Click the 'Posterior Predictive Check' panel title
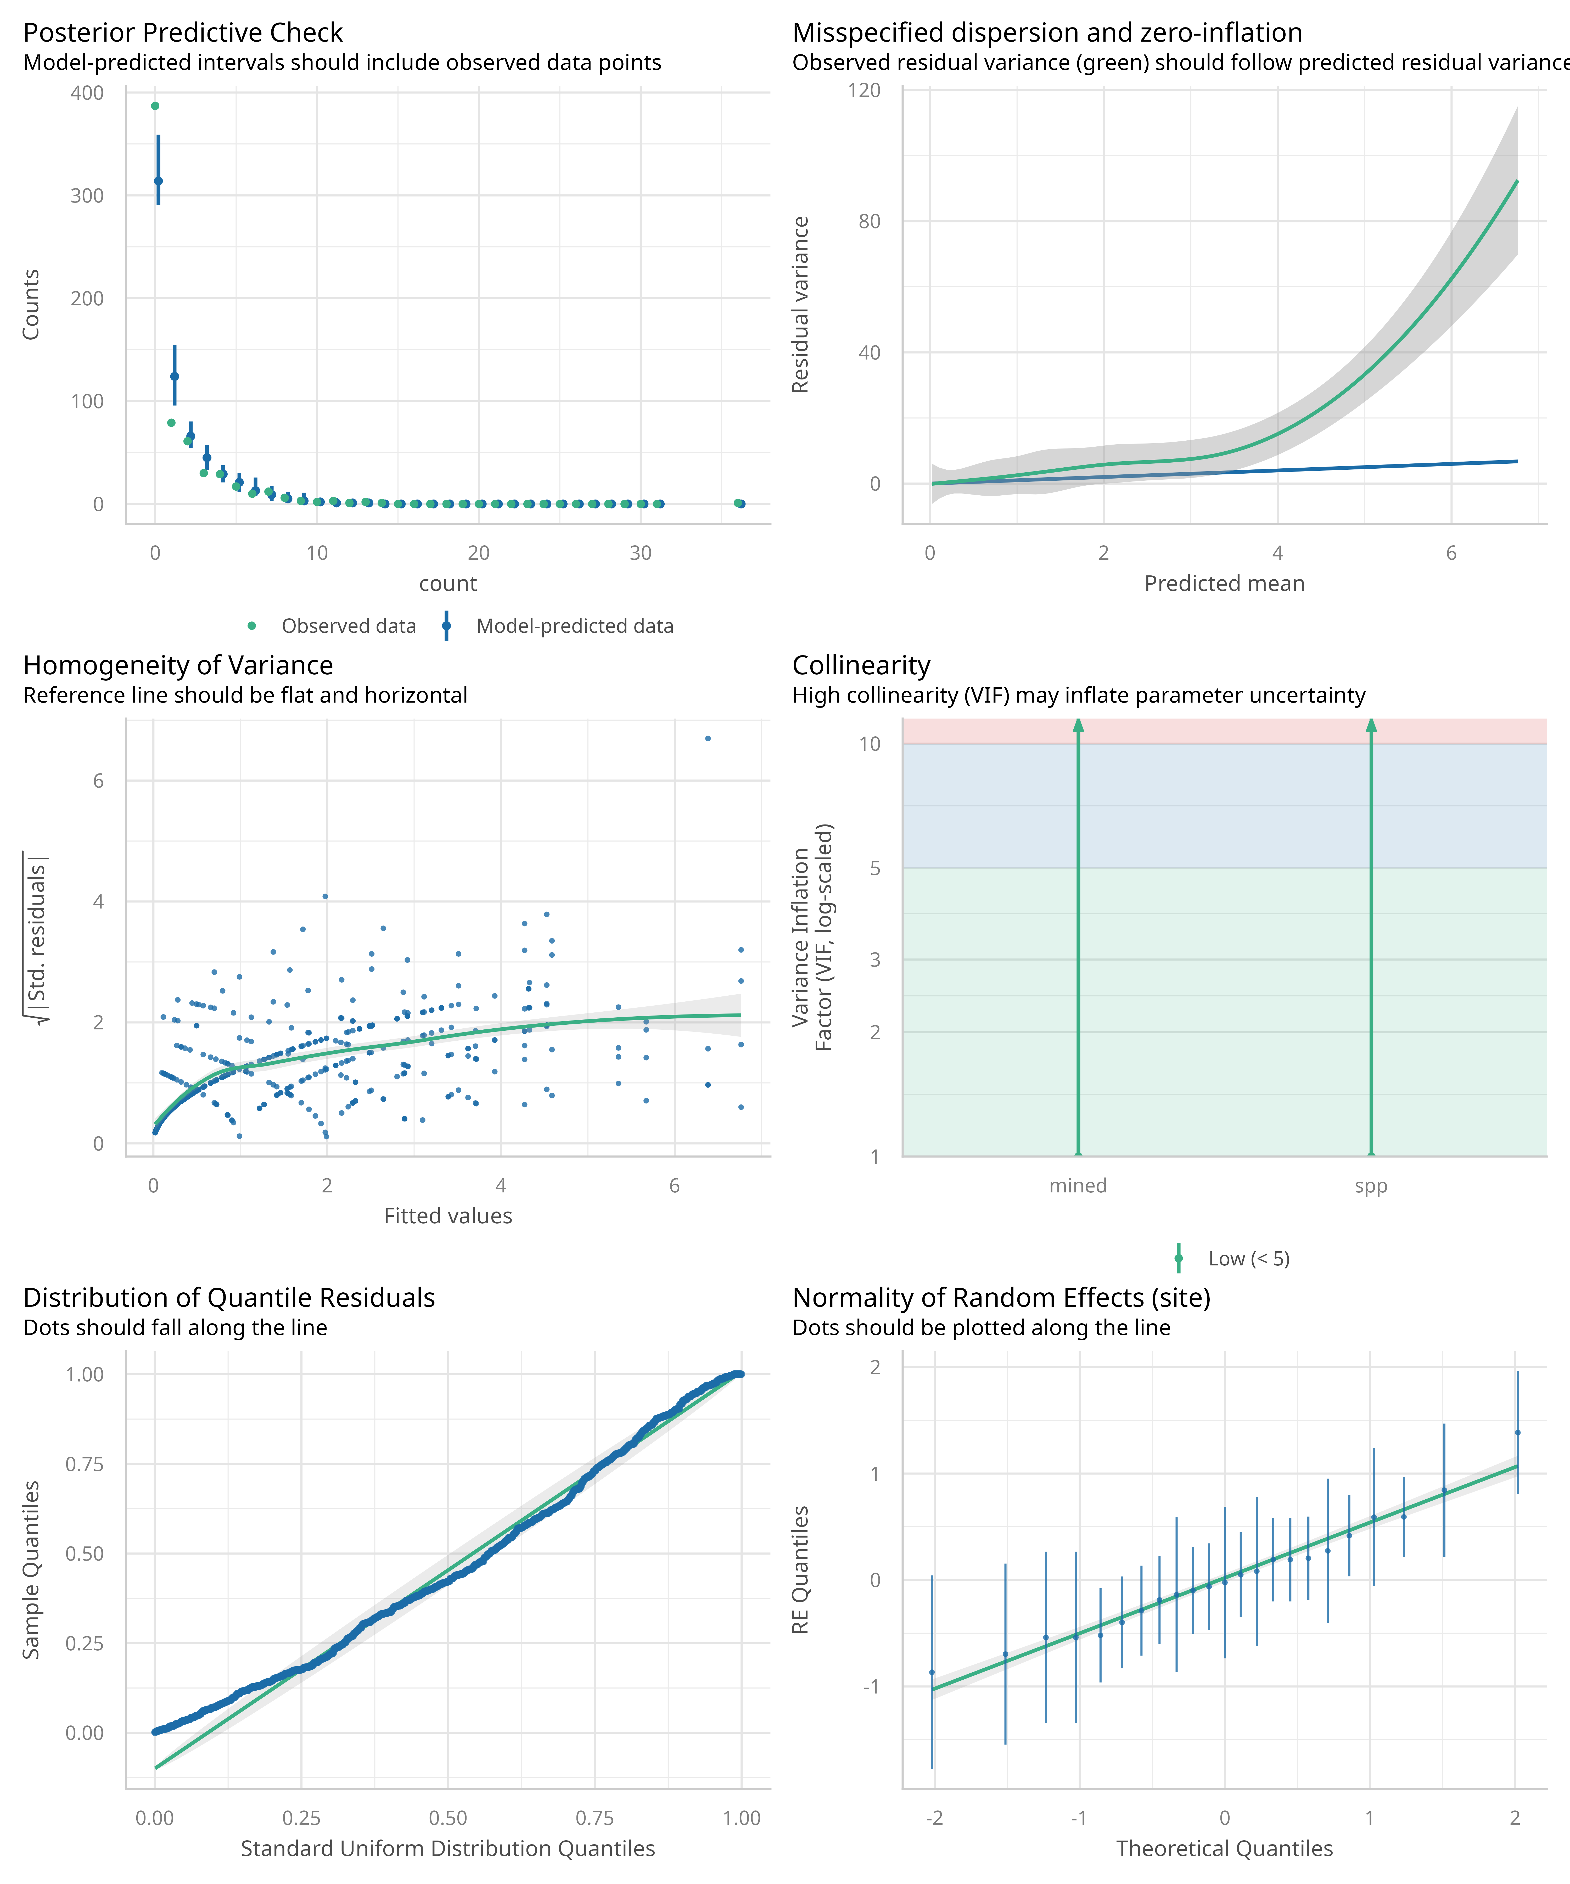click(183, 33)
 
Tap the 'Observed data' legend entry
click(348, 626)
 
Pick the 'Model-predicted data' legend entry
click(574, 626)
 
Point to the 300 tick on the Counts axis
click(87, 195)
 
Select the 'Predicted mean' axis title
click(1224, 584)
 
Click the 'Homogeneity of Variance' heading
click(178, 666)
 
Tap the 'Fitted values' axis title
click(448, 1216)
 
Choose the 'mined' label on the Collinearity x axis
click(1078, 1186)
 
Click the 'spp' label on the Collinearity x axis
click(1370, 1186)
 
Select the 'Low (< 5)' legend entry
click(1248, 1259)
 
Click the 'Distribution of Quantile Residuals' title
click(229, 1298)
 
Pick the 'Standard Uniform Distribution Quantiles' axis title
click(448, 1849)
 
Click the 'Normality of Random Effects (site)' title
click(1001, 1298)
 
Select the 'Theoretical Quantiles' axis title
click(1224, 1849)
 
